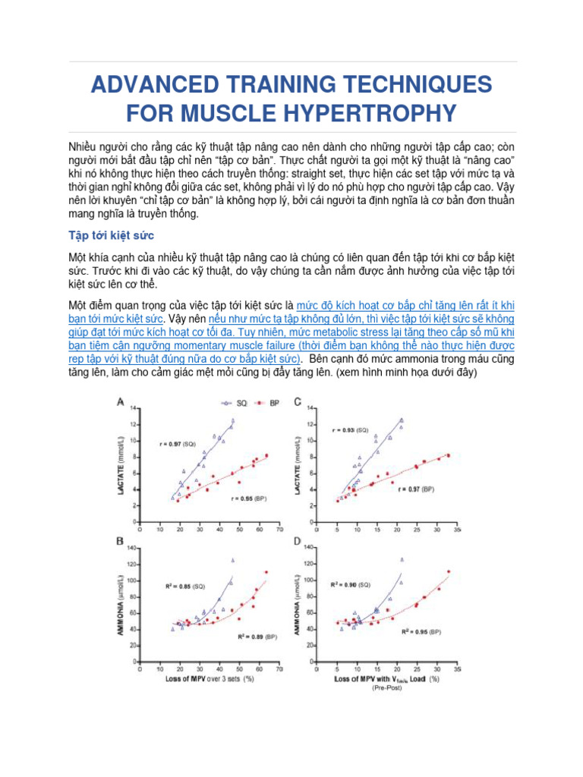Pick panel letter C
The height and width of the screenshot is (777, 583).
[x=298, y=401]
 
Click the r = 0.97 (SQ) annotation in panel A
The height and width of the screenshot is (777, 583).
[x=178, y=443]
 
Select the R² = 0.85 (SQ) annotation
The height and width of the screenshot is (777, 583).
[x=185, y=586]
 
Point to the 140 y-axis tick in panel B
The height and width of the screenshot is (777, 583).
[x=133, y=548]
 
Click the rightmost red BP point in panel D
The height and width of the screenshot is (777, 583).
[x=449, y=571]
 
